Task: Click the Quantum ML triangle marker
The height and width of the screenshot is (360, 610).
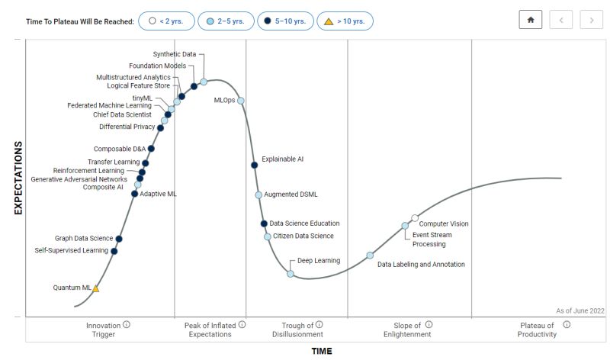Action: click(95, 288)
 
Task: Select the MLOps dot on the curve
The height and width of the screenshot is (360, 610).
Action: click(241, 101)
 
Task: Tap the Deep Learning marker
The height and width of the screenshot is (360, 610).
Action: click(291, 273)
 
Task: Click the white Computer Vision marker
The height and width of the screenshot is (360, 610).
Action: click(415, 219)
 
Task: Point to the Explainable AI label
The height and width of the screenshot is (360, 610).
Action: click(282, 159)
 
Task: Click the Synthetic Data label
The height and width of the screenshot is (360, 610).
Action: click(174, 54)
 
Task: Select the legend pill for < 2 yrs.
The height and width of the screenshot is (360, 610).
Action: click(166, 21)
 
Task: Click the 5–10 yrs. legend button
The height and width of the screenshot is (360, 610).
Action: click(284, 21)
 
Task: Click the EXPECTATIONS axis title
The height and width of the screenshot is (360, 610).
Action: click(18, 178)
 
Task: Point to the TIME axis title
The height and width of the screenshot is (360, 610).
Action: click(321, 352)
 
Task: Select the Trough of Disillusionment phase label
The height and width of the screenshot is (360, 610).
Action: click(297, 329)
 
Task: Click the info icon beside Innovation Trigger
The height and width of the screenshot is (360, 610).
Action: click(127, 324)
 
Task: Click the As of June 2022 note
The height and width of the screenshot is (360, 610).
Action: click(579, 310)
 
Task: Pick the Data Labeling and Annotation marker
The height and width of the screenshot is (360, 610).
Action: click(370, 256)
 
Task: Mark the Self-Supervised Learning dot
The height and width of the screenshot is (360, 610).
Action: click(114, 251)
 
